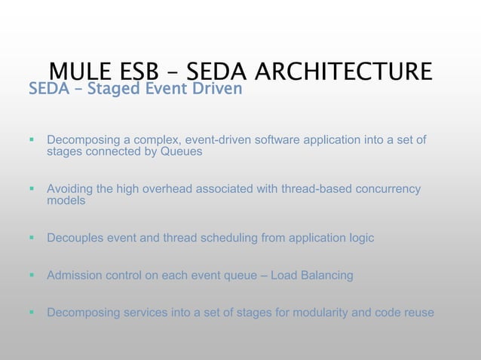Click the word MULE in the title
click(x=80, y=72)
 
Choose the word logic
click(x=360, y=238)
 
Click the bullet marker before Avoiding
click(x=32, y=188)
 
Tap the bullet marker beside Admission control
click(x=32, y=275)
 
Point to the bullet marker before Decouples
click(x=32, y=238)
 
